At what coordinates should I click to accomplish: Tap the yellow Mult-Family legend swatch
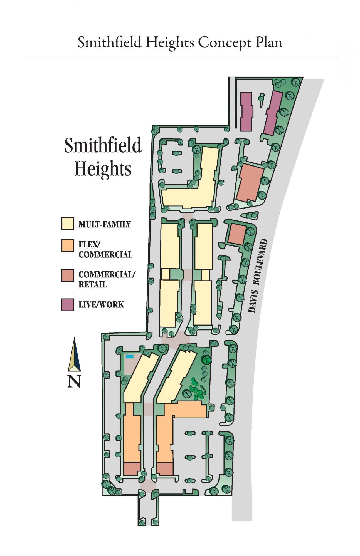point(68,224)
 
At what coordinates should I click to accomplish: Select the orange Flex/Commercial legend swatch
point(68,245)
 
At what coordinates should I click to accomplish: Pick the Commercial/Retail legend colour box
point(68,275)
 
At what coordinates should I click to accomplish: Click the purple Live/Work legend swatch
point(68,304)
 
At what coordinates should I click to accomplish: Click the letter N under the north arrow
point(74,381)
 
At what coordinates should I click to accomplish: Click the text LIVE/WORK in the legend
point(101,305)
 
